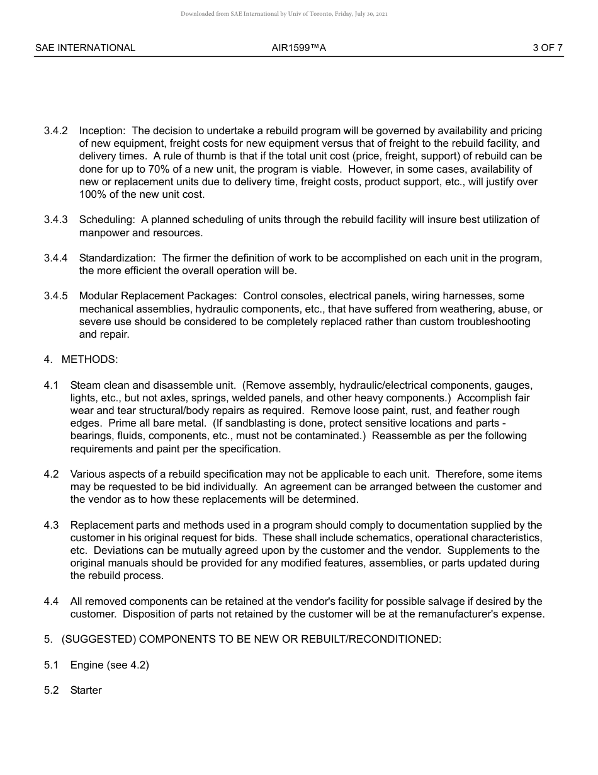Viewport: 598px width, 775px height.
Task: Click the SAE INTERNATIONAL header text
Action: [85, 48]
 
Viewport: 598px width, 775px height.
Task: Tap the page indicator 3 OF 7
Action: [547, 48]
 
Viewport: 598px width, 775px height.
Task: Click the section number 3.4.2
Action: [55, 131]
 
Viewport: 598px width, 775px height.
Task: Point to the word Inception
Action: [101, 131]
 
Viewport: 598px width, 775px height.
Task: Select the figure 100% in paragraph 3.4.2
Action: [92, 195]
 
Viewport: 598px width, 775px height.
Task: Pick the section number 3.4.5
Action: [55, 296]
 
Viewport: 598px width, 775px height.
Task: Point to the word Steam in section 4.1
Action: [84, 386]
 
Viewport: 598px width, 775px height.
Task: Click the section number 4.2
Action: [51, 474]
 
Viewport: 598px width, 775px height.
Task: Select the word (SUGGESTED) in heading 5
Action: [99, 640]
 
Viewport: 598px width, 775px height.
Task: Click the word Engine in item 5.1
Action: [86, 665]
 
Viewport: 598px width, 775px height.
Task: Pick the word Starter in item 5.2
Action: [86, 691]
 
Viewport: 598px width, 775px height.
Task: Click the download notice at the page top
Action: [284, 14]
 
